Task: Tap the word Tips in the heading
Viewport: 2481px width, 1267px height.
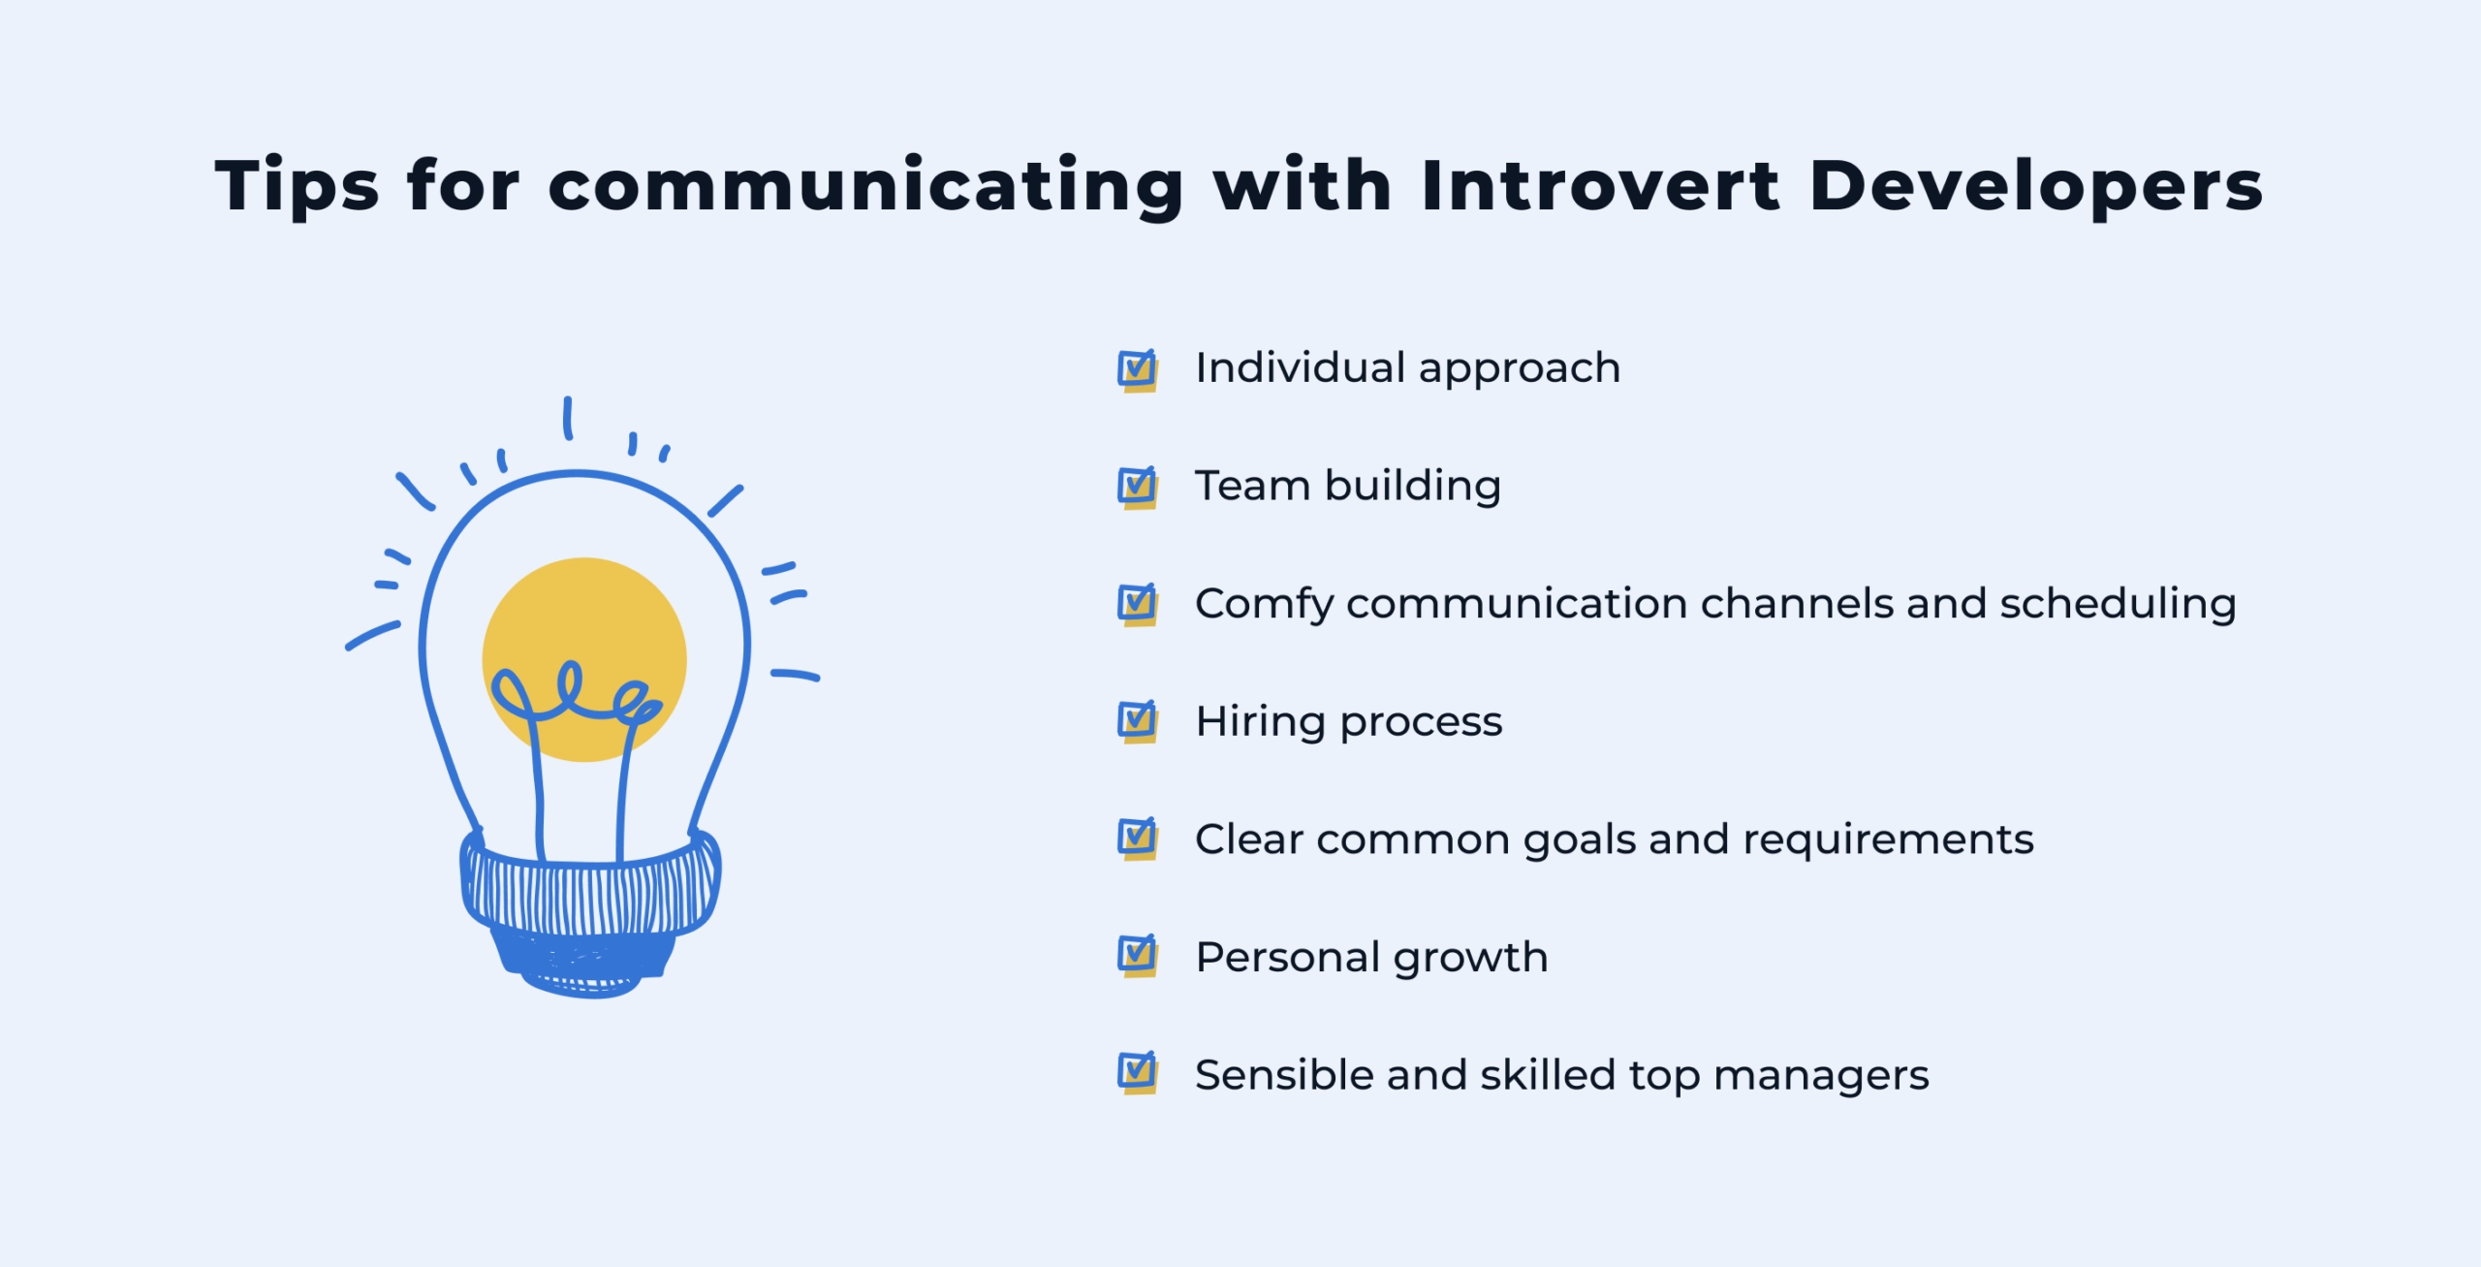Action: tap(296, 186)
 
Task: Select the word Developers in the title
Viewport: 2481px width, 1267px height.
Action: tap(2035, 186)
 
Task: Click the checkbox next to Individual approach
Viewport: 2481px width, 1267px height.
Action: tap(1137, 369)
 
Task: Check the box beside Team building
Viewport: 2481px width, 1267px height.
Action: tap(1137, 487)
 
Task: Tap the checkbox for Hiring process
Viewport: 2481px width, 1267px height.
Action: tap(1137, 721)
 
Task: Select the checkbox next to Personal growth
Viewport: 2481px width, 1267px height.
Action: tap(1137, 957)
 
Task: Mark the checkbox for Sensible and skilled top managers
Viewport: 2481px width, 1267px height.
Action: tap(1137, 1074)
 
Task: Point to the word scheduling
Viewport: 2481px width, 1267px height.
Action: tap(2118, 603)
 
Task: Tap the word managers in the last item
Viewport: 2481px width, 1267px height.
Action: tap(1821, 1076)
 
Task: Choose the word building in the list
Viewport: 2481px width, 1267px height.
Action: tap(1412, 486)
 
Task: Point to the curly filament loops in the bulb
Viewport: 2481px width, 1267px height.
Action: tap(572, 693)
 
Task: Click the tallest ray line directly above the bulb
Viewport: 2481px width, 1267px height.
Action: tap(568, 418)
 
